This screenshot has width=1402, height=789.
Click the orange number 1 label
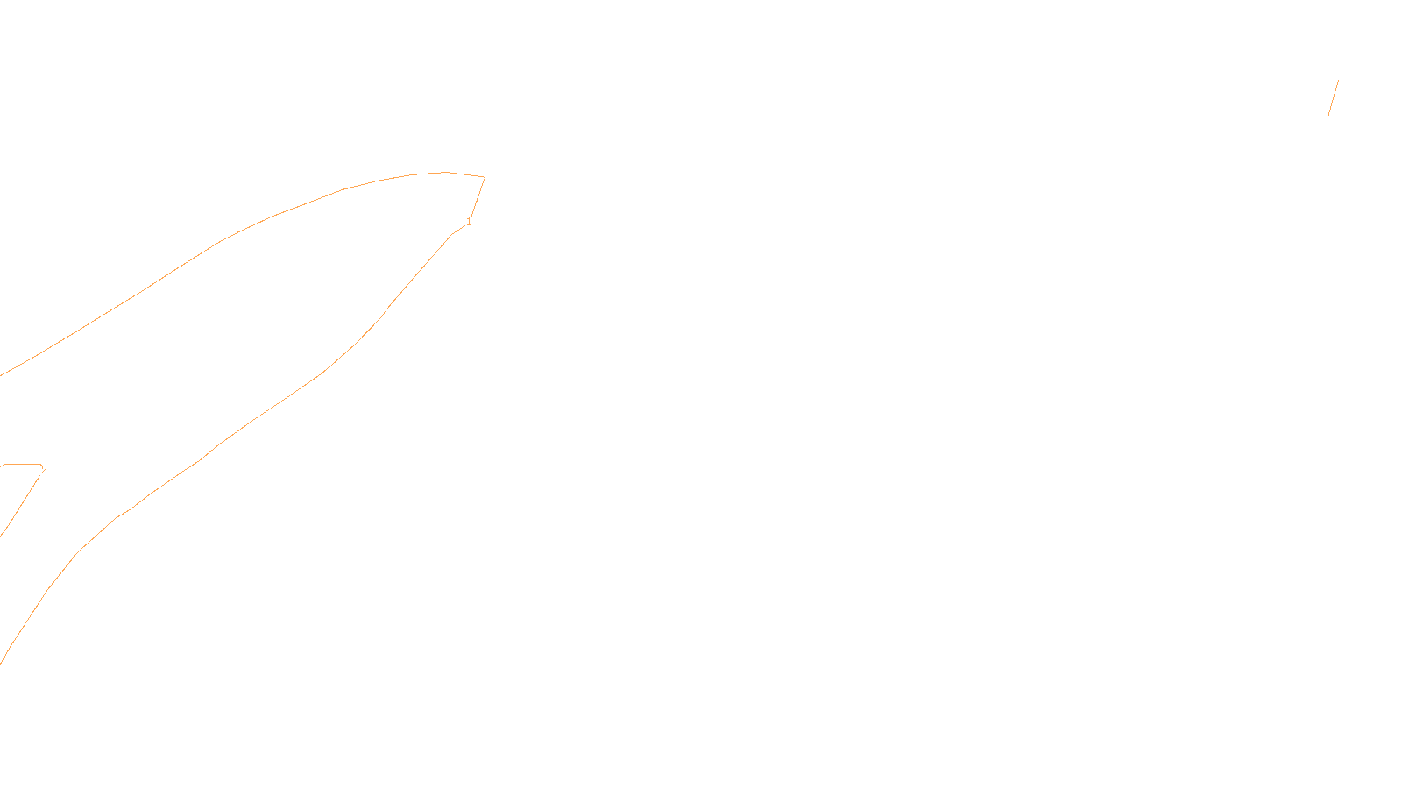click(469, 222)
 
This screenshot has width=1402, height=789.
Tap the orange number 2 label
click(44, 470)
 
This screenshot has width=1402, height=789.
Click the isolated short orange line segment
click(1333, 98)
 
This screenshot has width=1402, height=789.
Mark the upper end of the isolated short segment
click(1338, 81)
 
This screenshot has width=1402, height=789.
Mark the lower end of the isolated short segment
click(1328, 116)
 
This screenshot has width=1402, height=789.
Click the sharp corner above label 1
click(485, 177)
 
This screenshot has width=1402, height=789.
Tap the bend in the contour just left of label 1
click(452, 233)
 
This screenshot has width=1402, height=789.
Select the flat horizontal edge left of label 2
click(22, 465)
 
